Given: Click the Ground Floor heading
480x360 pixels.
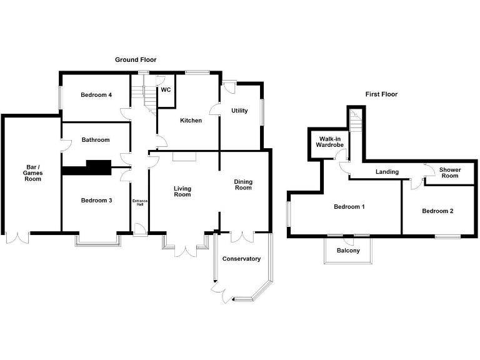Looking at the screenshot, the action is click(x=136, y=60).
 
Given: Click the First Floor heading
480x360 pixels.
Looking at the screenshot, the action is click(x=381, y=94).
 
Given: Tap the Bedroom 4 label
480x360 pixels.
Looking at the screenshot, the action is click(x=96, y=95).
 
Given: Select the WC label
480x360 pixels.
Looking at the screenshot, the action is click(x=166, y=90).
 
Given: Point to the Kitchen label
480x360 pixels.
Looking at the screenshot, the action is click(x=191, y=120).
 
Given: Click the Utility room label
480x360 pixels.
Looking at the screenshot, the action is click(x=239, y=111).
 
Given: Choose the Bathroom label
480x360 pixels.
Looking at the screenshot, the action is click(x=96, y=140).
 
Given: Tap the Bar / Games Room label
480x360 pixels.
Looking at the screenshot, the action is click(x=32, y=173).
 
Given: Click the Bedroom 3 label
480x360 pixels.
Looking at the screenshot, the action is click(x=96, y=200).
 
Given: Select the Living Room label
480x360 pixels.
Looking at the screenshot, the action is click(x=182, y=191).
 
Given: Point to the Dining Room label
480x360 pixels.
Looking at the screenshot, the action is click(x=243, y=184).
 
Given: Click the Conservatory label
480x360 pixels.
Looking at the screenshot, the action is click(x=241, y=259).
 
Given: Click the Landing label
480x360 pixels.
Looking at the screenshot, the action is click(x=387, y=172).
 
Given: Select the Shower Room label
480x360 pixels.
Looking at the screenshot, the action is click(x=449, y=172).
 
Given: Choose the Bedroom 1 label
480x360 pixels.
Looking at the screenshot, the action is click(x=349, y=207).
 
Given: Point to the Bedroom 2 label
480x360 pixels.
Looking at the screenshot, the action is click(x=437, y=211).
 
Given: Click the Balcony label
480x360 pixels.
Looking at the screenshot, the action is click(x=348, y=251).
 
